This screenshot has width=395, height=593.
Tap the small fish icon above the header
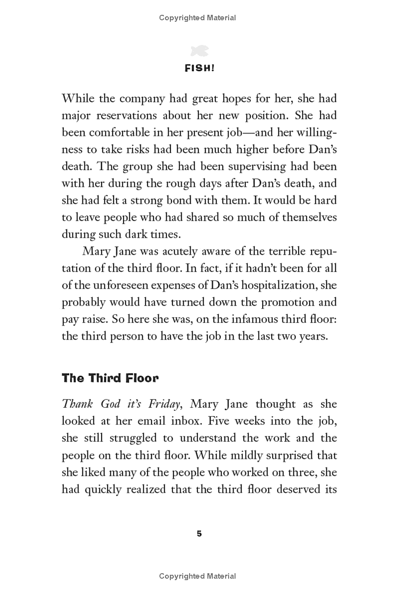coord(197,50)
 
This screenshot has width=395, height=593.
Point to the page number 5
coord(199,533)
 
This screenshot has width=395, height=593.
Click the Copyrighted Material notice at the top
coord(197,18)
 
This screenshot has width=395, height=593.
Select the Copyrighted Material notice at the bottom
coord(197,576)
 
